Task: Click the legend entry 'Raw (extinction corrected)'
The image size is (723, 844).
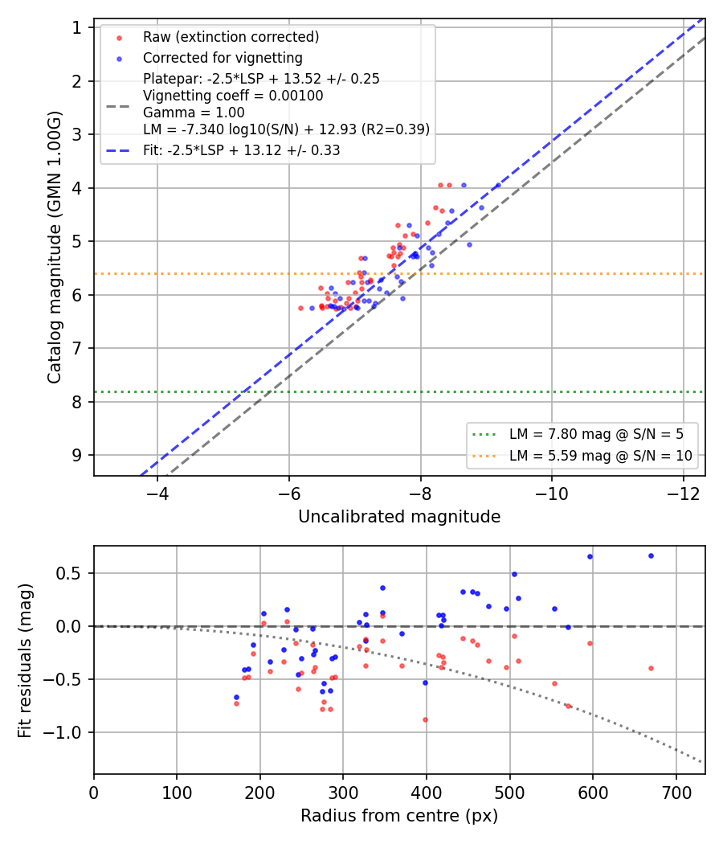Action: pos(231,37)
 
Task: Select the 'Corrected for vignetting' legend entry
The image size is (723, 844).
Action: pos(223,58)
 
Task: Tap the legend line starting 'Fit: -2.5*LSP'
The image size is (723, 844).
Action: pos(242,150)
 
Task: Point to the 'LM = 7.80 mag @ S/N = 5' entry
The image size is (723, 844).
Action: pos(597,434)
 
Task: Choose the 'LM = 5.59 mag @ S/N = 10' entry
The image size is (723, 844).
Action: pos(601,456)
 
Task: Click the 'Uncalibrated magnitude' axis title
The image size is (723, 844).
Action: pos(399,517)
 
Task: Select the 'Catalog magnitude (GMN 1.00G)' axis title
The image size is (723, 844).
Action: pos(55,248)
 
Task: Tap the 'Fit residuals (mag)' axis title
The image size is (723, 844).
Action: pos(25,661)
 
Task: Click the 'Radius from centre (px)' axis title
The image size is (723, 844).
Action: pos(399,816)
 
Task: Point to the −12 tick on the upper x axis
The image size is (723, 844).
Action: pos(683,494)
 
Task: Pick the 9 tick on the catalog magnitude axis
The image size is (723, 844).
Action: pos(77,456)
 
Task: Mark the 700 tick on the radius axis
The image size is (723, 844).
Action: pos(676,793)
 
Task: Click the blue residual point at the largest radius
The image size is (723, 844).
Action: pos(651,556)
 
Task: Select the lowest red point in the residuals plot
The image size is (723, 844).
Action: pos(426,719)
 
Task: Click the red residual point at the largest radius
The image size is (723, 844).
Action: pos(651,669)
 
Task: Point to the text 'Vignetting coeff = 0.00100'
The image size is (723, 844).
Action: pos(233,96)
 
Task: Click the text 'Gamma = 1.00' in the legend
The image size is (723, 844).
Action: pos(194,113)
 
